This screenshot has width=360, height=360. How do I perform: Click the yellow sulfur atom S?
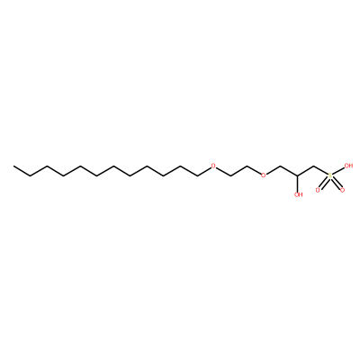point(330,175)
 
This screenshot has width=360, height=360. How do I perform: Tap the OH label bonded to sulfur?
point(348,166)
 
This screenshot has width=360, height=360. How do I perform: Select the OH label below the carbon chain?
point(298,194)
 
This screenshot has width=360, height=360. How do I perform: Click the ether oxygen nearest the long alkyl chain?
point(213,166)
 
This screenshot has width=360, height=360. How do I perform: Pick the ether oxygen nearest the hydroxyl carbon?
point(264,175)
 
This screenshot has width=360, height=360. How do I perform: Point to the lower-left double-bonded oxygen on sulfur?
point(318,190)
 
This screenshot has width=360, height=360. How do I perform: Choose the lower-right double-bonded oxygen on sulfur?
point(342,190)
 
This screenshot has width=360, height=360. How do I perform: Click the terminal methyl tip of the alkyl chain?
point(13,166)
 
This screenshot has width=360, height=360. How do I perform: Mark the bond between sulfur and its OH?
point(338,170)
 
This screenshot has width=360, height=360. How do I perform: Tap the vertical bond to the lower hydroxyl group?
point(298,184)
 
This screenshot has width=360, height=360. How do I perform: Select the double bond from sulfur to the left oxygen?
point(324,183)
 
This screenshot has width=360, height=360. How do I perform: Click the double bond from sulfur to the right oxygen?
point(337,183)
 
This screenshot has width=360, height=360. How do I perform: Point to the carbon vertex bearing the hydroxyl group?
point(298,175)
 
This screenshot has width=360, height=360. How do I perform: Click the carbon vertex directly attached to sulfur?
point(314,166)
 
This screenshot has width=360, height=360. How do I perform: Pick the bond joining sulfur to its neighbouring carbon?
point(321,170)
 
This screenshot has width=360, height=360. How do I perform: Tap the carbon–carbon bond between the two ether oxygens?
point(238,170)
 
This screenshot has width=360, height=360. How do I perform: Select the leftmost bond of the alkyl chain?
point(22,170)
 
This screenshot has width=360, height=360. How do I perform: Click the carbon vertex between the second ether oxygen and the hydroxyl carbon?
point(281,166)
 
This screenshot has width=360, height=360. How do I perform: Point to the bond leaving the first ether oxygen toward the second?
point(223,171)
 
